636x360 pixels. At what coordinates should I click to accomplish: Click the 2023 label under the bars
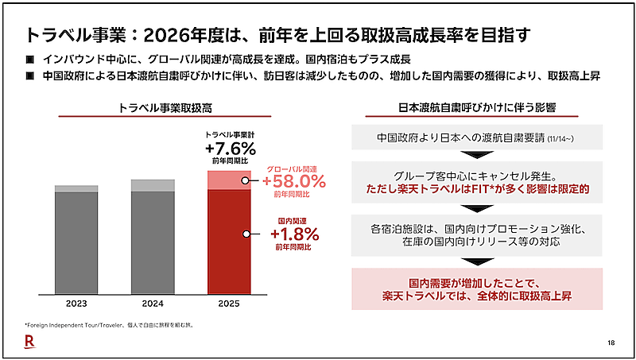[x=76, y=303]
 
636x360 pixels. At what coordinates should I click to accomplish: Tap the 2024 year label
[x=153, y=303]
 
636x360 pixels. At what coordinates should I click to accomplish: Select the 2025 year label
[x=229, y=303]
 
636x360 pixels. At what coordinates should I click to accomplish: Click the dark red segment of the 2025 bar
[x=229, y=242]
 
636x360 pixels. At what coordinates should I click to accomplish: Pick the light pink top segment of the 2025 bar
[x=229, y=180]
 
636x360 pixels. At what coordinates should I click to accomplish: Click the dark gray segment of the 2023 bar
[x=76, y=242]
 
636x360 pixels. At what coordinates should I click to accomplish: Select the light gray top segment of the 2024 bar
[x=153, y=185]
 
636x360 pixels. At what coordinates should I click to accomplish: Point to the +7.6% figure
[x=230, y=149]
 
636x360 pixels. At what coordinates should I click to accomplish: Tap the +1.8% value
[x=293, y=234]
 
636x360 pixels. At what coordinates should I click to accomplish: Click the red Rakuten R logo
[x=28, y=342]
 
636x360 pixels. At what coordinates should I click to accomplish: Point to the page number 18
[x=611, y=343]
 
